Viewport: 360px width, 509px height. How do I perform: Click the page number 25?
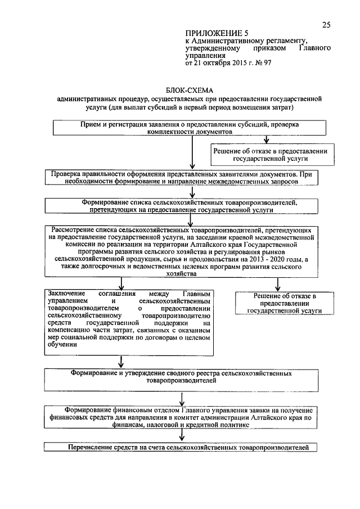tap(326, 24)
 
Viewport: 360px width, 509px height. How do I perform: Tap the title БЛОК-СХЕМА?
tap(191, 89)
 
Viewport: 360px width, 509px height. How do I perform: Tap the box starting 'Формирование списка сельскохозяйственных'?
tap(185, 206)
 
